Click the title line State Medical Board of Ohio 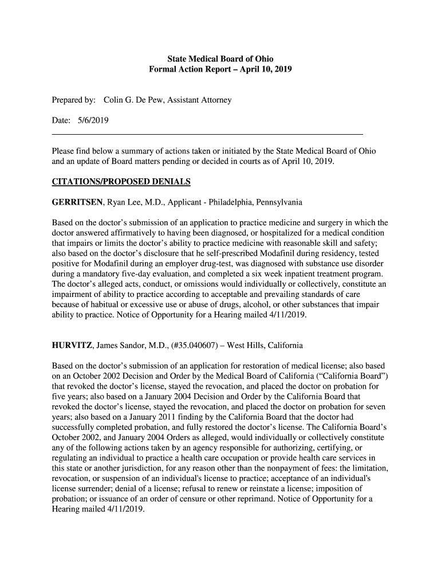point(220,59)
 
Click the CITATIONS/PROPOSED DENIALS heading point(121,182)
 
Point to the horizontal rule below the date point(207,134)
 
